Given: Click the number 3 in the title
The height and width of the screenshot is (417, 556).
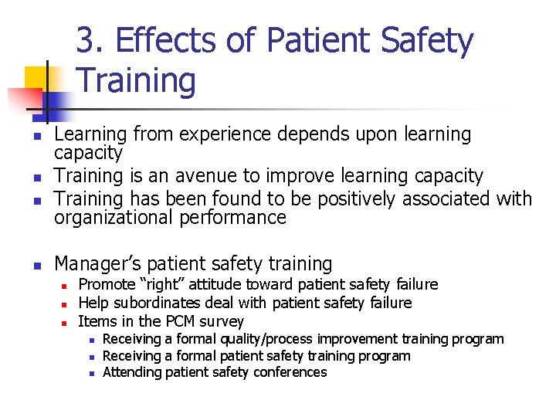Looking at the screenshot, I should coord(86,41).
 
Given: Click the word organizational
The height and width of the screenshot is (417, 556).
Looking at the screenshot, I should coord(114,218).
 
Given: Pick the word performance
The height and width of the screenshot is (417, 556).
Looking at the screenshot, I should coord(232,218).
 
